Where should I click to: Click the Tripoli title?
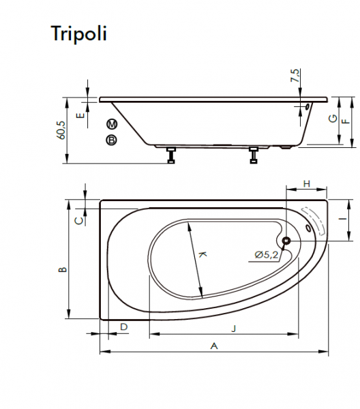(x=79, y=34)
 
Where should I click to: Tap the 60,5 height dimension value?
(x=61, y=130)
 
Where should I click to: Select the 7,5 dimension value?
(x=295, y=76)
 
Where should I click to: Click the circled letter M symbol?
(x=112, y=124)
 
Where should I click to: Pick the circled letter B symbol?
(x=111, y=140)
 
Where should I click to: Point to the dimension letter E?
(x=80, y=115)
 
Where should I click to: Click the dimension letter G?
(x=333, y=119)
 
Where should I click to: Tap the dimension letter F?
(x=346, y=121)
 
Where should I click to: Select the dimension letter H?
(x=307, y=184)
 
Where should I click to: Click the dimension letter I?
(x=344, y=219)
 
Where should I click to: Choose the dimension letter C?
(x=79, y=221)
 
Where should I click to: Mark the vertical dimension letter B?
(x=63, y=269)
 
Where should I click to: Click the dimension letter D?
(x=124, y=327)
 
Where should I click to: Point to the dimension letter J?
(x=234, y=328)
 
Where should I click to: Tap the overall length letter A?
(x=214, y=346)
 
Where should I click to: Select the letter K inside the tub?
(x=202, y=254)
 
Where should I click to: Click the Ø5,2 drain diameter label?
(x=267, y=255)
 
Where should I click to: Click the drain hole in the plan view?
(x=287, y=241)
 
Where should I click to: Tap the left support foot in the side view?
(x=171, y=155)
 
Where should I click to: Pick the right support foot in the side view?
(x=254, y=155)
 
